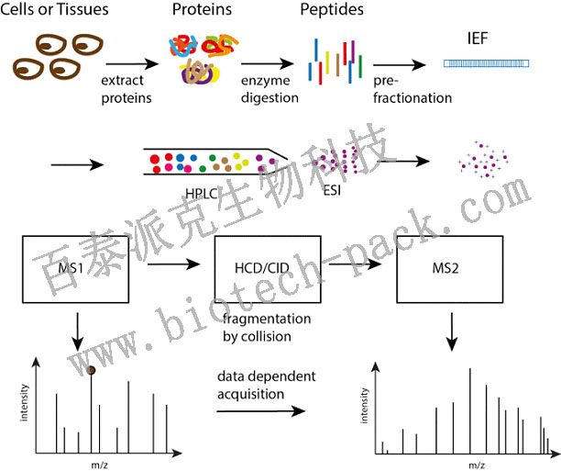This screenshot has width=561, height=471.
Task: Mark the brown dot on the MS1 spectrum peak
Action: pyautogui.click(x=92, y=371)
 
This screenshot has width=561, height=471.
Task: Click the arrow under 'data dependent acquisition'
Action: pyautogui.click(x=260, y=411)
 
